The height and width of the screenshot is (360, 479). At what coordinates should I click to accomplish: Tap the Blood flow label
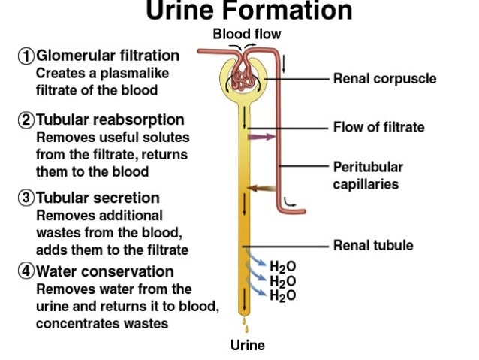point(247,34)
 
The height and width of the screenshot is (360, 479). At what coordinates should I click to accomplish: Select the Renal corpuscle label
point(384,78)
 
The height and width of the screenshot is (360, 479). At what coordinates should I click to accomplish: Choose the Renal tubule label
point(373,245)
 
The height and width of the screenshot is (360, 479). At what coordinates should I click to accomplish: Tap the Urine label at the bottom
point(247,346)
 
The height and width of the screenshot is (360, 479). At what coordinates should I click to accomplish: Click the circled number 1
point(26,56)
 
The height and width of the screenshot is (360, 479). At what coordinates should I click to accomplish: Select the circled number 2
point(26,120)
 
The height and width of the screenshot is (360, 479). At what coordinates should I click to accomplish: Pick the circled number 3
point(26,198)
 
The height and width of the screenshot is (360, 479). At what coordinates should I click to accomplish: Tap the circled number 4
point(26,271)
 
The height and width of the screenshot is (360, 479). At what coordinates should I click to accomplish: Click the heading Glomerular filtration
point(108,56)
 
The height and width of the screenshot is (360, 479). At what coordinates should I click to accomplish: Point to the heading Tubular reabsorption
point(110,120)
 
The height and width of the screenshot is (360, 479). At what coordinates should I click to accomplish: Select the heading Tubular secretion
point(98,198)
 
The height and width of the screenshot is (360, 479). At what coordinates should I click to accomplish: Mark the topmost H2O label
point(282,268)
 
